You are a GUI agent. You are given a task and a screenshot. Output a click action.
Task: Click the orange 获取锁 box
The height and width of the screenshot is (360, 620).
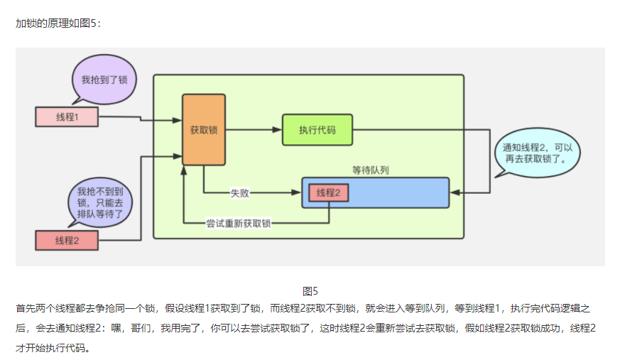tap(204, 130)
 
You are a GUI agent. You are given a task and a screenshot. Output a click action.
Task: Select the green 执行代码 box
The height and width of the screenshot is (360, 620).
tap(317, 130)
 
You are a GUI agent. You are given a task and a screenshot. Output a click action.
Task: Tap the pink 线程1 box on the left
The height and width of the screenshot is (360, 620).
tap(66, 117)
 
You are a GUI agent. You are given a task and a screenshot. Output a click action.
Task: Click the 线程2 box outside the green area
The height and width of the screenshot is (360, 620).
tap(66, 240)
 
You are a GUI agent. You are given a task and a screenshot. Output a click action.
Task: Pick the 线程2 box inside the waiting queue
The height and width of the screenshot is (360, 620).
tap(328, 192)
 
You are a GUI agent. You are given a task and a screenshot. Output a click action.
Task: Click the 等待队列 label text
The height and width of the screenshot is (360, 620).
tap(370, 170)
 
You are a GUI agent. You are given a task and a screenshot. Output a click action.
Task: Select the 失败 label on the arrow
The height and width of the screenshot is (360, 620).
tap(239, 192)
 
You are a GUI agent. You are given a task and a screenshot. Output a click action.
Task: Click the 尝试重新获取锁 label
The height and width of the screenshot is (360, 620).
tap(238, 223)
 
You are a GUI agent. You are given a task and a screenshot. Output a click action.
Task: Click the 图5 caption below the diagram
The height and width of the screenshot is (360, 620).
tap(310, 291)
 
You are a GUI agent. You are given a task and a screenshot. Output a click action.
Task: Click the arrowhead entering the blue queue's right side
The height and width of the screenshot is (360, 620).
tap(455, 192)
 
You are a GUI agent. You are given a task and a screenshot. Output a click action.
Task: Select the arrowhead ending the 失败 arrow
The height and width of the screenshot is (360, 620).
tap(298, 192)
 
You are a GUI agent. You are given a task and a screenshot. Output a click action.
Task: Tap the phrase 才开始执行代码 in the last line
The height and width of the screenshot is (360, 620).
tap(53, 349)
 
